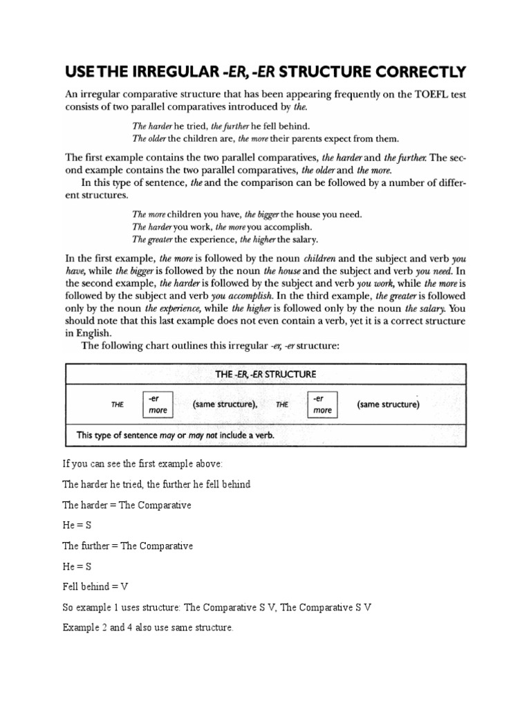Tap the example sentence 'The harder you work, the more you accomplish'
pos(222,227)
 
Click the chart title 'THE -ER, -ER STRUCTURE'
pos(265,374)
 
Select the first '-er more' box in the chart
pos(157,404)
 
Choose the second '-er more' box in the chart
pos(322,404)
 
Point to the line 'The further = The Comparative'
pos(127,546)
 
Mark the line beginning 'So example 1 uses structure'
pos(217,607)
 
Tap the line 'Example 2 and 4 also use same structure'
pos(148,628)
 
